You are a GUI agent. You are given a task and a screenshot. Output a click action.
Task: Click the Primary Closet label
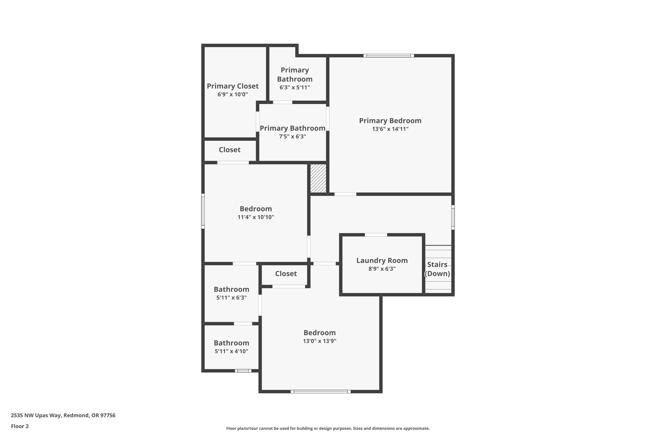coord(233,86)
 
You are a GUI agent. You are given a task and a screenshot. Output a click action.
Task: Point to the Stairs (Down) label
coord(437,269)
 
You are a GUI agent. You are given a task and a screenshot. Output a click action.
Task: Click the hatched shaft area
coord(318,178)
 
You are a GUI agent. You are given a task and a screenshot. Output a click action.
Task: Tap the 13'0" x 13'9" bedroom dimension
coord(320,341)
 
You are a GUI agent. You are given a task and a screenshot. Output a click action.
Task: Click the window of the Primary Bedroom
coord(389,56)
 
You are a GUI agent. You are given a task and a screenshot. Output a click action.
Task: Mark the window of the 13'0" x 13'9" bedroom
coord(321,392)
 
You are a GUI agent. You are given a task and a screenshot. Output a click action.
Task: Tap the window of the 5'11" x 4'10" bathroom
coord(243,371)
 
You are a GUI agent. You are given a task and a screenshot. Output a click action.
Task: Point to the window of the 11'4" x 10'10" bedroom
coord(203,211)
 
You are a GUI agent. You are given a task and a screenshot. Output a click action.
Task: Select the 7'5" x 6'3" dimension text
coord(293,136)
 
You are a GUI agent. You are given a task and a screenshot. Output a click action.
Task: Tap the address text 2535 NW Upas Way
coord(36,415)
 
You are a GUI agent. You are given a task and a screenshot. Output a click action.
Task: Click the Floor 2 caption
coord(20,426)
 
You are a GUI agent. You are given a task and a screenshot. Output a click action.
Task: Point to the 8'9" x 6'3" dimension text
coord(382,269)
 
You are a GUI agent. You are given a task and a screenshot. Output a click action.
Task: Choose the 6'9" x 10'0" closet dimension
coord(233,94)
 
